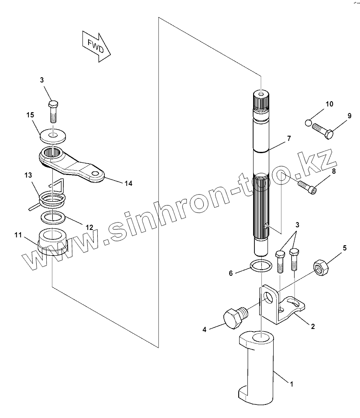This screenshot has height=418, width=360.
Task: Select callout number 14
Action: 128,183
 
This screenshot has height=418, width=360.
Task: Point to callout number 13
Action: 28,175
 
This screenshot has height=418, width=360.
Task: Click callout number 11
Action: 17,235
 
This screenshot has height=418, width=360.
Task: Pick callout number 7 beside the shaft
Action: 288,139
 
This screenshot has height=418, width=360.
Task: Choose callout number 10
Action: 329,104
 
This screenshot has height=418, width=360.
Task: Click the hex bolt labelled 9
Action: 324,130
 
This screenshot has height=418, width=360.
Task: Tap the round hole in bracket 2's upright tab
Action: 273,298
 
